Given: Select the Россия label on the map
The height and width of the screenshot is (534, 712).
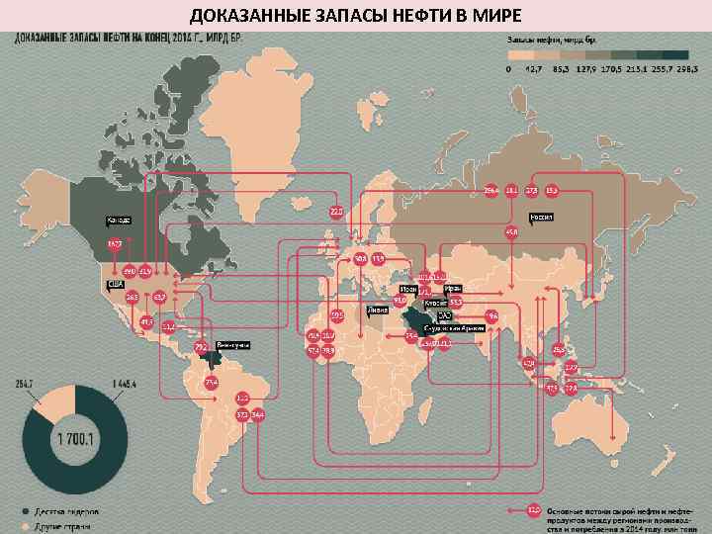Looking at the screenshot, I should coord(541,215).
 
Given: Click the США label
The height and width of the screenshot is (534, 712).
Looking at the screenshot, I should coord(116,283).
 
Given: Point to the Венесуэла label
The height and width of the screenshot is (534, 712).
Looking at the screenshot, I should coord(232,344).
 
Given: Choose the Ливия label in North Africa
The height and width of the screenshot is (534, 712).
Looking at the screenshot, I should coord(377,310).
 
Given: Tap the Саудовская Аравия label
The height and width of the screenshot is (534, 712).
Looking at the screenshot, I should coord(453,325).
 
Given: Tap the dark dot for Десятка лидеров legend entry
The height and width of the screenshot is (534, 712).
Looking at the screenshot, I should coord(27,511).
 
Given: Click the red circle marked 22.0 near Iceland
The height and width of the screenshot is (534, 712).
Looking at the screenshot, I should coord(336,211).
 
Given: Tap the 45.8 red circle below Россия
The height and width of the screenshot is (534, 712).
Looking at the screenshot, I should coord(511,232).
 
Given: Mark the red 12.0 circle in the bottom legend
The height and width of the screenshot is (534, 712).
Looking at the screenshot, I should coord(534,510).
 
